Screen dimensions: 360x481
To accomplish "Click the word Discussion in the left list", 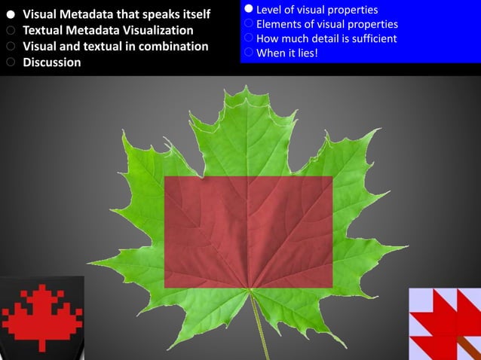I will pos(52,63).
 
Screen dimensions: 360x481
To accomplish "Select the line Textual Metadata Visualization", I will pos(108,31).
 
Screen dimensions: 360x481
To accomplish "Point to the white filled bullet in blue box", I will pos(248,10).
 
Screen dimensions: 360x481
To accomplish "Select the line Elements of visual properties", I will pos(327,24).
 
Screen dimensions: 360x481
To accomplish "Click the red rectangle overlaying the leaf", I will pos(248,231).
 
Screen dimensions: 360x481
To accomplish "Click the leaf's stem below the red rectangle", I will pos(260,324).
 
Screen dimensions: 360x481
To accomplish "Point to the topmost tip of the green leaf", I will pos(246,88).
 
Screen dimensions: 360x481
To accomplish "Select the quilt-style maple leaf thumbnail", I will pos(445,323).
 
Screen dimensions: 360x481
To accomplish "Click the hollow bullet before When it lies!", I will pos(248,53).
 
